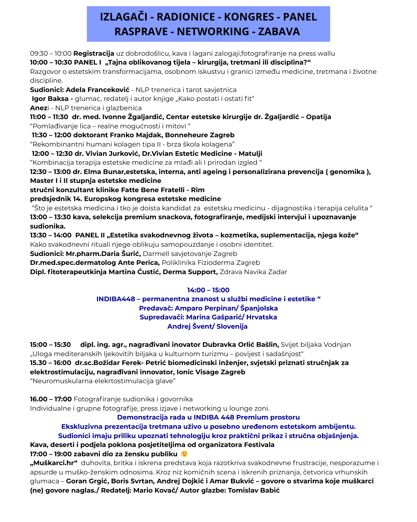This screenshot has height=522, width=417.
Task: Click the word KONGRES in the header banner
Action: click(249, 17)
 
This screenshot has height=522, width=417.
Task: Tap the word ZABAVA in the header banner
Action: click(279, 32)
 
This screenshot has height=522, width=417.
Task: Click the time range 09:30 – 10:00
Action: click(51, 53)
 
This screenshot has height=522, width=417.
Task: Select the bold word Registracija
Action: click(94, 53)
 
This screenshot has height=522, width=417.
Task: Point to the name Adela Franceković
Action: click(98, 90)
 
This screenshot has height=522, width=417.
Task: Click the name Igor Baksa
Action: click(50, 99)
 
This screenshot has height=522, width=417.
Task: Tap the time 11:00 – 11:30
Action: click(49, 117)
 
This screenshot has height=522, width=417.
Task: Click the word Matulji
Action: click(251, 154)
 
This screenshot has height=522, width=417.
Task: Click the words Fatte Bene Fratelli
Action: click(153, 190)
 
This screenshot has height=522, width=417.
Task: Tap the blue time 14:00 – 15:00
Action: click(208, 290)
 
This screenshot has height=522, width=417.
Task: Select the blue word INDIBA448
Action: click(116, 299)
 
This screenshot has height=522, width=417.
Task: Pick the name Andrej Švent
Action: click(191, 326)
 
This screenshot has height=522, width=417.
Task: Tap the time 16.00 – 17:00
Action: click(51, 399)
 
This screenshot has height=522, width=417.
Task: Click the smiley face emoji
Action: click(185, 454)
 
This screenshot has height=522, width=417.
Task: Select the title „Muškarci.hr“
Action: click(54, 463)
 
